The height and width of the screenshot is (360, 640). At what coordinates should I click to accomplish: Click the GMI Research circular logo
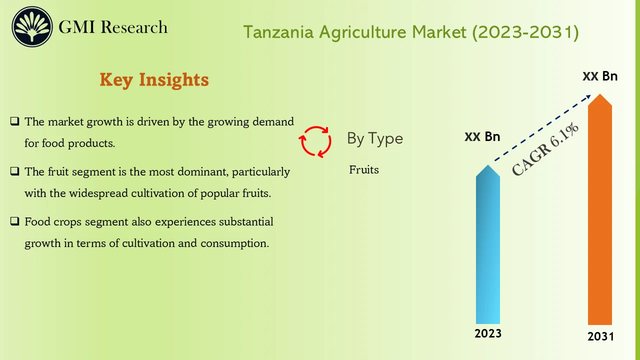point(32,27)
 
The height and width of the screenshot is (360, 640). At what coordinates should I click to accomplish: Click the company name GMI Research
point(113,27)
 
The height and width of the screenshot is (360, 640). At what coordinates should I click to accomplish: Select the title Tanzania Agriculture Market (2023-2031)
point(411,32)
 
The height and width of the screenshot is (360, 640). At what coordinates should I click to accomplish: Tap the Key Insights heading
point(154,79)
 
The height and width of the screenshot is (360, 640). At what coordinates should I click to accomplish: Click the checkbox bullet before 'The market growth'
point(15,121)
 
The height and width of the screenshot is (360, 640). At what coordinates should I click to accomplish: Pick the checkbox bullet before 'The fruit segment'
point(15,171)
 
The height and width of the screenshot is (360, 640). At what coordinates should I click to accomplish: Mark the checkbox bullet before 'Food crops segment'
point(15,221)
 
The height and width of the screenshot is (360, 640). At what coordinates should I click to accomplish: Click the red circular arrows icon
point(315,141)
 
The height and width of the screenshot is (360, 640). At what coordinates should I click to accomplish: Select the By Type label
point(375,138)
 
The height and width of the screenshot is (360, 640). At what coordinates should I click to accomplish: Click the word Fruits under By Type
point(364,170)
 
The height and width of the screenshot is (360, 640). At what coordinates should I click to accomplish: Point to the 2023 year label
point(488,333)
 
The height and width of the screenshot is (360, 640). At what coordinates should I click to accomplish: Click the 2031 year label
point(600,336)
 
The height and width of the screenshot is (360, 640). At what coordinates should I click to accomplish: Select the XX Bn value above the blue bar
point(482,137)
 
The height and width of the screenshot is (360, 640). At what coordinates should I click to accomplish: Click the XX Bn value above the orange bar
point(600,76)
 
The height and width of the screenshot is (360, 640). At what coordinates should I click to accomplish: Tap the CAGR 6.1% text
point(545,149)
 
